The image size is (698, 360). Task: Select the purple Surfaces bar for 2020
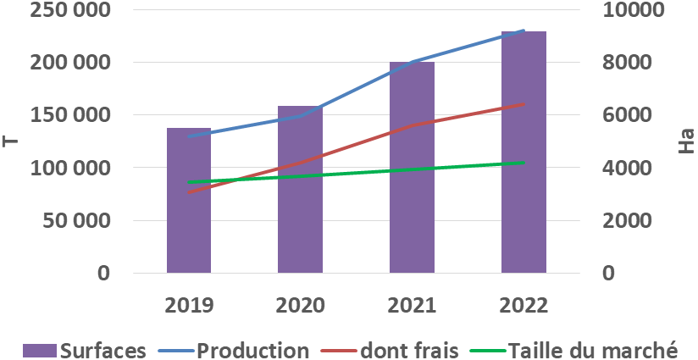click(300, 203)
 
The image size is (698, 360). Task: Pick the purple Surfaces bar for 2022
click(523, 152)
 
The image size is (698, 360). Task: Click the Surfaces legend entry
click(94, 350)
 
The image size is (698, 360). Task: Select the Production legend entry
click(242, 350)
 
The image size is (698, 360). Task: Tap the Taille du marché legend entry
click(580, 350)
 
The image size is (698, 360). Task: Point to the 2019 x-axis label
click(188, 305)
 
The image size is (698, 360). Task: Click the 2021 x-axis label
click(412, 305)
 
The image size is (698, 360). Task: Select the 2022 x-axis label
click(523, 305)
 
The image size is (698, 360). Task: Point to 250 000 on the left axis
click(69, 10)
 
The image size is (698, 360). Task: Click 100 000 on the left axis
click(69, 168)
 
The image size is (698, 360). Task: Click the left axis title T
click(10, 141)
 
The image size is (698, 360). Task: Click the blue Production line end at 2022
click(523, 30)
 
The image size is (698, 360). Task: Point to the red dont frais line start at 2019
click(189, 192)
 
